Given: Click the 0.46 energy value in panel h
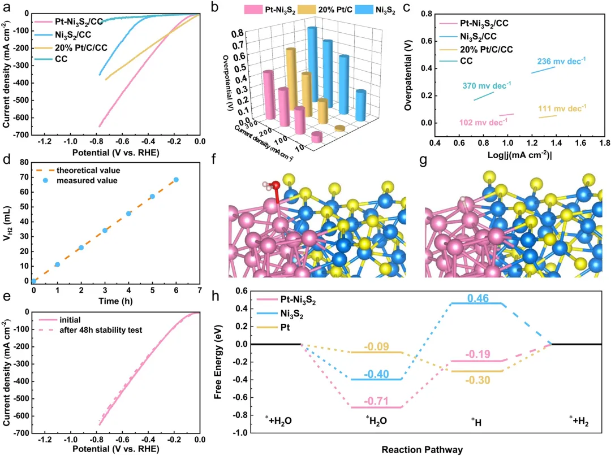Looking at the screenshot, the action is [477, 298].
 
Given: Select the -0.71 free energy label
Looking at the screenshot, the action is [376, 401].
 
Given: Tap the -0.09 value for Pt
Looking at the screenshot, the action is [376, 346].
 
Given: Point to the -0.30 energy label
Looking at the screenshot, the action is [477, 380].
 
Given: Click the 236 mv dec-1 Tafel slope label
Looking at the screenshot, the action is [561, 61].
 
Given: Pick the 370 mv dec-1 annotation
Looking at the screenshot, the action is [487, 85].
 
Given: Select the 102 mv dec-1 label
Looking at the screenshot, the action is [483, 122].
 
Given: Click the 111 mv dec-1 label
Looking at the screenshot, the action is [562, 108].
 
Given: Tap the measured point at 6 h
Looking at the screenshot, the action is [176, 180].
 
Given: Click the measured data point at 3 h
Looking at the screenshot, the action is [105, 231].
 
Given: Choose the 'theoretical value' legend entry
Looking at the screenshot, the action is [78, 171].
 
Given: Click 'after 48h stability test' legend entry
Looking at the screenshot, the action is [91, 331].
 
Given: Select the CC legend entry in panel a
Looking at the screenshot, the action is [51, 59].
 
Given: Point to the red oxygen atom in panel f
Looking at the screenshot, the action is [276, 185].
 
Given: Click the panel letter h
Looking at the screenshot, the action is [215, 296].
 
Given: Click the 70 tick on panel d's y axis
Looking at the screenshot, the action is [24, 177].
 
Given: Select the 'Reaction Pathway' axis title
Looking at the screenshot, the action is [422, 450].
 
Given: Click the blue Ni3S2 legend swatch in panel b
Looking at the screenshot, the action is [364, 10].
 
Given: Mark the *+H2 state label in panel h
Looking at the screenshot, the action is [579, 420].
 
